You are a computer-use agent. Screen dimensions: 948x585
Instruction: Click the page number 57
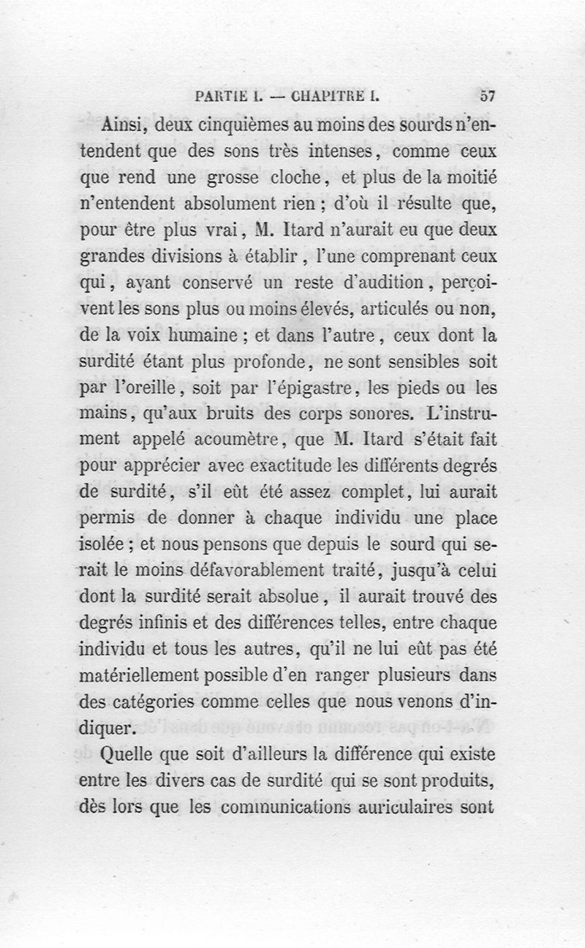[488, 94]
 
